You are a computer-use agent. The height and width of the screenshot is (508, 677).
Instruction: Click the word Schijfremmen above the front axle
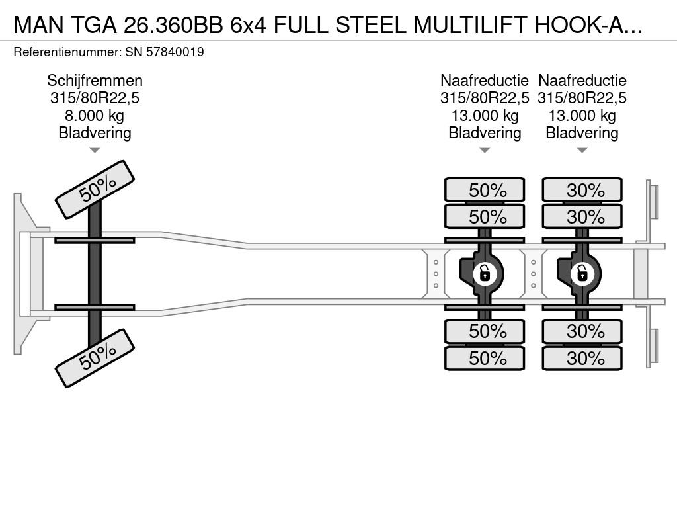(95, 81)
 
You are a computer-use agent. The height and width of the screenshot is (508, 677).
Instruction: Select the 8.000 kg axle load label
(95, 116)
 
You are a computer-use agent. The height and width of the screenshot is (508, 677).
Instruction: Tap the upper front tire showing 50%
(95, 189)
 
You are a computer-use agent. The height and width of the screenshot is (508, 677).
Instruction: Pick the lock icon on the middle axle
(485, 272)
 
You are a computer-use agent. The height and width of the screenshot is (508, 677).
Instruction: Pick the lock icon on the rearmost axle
(582, 272)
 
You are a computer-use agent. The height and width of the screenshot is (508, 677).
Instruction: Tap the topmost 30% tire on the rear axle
(582, 190)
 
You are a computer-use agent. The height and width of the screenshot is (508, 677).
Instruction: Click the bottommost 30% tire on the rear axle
(582, 359)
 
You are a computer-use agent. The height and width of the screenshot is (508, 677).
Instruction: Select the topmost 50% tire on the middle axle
(485, 190)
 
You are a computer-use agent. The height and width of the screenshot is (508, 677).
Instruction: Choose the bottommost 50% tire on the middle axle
(485, 359)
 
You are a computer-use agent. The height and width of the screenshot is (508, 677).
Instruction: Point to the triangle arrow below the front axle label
(95, 150)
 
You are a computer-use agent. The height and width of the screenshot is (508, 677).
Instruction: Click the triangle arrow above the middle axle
(485, 150)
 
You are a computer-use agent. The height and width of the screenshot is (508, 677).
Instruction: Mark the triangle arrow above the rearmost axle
(582, 150)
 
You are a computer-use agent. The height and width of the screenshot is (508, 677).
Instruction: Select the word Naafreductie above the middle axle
(485, 81)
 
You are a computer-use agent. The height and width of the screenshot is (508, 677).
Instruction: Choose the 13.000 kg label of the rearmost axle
(582, 116)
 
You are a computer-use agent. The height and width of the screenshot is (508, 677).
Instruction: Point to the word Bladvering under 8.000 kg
(95, 133)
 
